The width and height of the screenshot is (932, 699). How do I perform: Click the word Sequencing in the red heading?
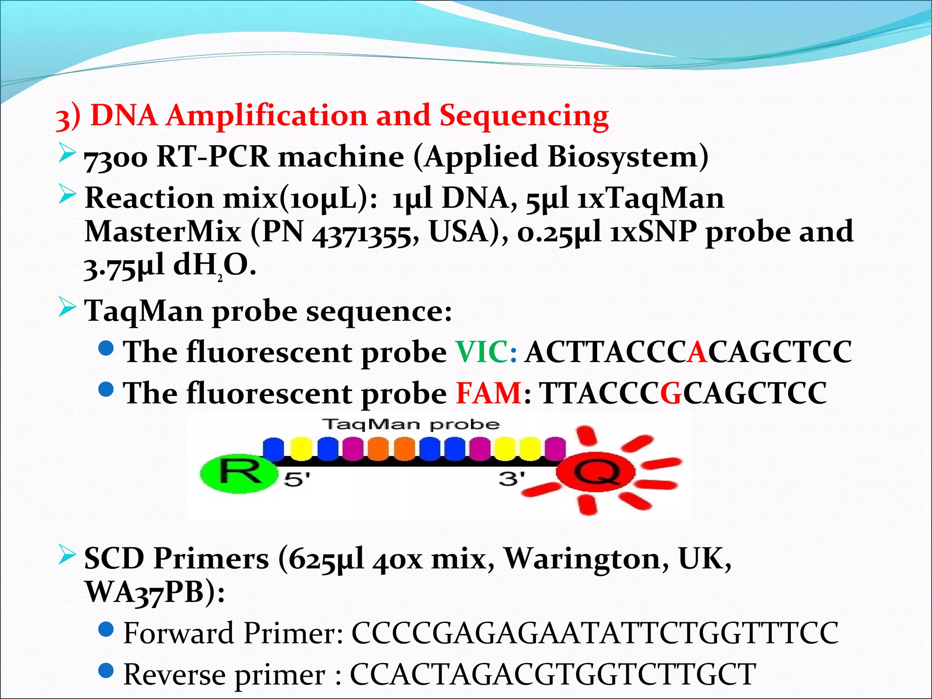point(524,116)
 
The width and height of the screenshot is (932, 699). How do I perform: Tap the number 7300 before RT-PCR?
point(116,158)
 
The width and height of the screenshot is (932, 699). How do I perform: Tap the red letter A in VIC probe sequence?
point(697,352)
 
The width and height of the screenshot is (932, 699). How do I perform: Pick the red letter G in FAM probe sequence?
point(670,393)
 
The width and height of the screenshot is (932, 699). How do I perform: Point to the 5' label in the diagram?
point(297,479)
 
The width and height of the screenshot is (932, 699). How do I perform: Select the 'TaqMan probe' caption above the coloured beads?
point(411,425)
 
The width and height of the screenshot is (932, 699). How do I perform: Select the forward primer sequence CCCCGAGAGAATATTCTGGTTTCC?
point(594,633)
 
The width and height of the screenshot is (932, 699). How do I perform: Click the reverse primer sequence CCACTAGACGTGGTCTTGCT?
point(552,674)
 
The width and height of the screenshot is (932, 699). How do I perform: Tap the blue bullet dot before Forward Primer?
point(106,629)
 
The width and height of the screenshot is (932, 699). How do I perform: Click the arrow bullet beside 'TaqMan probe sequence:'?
point(67,308)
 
